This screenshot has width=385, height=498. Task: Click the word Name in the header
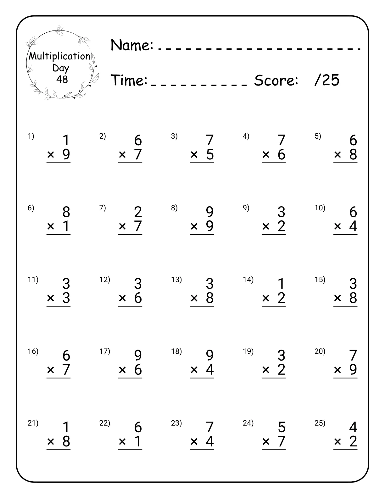coord(132,45)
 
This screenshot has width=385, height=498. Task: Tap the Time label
coord(129,80)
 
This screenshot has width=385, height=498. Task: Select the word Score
coord(276,80)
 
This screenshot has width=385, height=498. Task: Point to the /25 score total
coord(327,80)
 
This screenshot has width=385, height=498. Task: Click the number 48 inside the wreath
coord(62,79)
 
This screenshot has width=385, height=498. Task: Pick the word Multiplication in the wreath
coord(59,56)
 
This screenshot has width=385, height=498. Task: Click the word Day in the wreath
coord(61,68)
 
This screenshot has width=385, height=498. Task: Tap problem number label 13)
coord(176,279)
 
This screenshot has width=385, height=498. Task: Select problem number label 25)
coord(320,423)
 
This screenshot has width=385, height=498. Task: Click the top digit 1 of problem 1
coord(66,140)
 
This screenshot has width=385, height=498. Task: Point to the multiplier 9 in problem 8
coord(210,226)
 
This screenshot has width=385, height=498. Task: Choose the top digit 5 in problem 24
coord(282,427)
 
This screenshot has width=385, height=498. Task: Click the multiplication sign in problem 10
coord(338,226)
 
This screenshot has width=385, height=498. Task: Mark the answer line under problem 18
coord(202,378)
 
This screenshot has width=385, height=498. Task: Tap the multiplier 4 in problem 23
coord(210,441)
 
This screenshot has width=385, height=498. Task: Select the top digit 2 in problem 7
coord(138,212)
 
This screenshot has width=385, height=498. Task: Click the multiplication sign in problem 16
coord(51,370)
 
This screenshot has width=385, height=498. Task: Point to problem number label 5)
coord(318,136)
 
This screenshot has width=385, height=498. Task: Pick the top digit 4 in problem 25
coord(353,427)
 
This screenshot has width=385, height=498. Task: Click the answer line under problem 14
coord(274,306)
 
